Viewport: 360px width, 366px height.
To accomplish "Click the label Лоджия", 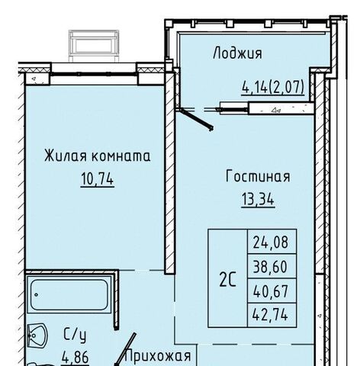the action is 237,53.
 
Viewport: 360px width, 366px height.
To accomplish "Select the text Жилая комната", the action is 98,156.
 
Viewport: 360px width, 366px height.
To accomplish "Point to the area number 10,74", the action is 98,178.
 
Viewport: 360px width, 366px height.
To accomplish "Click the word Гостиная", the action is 258,176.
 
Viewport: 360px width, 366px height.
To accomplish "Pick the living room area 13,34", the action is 258,199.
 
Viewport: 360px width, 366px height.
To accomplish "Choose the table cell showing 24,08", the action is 272,242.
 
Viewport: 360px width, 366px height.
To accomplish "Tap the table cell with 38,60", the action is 272,266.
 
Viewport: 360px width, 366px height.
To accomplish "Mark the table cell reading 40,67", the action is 272,291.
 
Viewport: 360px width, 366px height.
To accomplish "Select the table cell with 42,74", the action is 272,315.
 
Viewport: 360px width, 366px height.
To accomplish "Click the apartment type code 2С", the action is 228,279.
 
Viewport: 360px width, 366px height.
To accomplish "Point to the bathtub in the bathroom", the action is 69,294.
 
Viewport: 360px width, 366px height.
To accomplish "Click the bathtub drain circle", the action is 36,295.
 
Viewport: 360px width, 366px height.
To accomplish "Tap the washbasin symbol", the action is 37,335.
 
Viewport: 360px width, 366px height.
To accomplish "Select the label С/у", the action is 75,335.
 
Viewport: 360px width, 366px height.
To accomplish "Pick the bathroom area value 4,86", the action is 76,357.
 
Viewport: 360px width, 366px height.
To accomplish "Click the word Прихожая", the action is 159,355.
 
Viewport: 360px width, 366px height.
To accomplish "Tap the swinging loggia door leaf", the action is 195,119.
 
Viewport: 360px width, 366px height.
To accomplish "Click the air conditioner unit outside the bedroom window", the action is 94,46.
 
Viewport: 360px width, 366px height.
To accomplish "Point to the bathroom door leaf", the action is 124,350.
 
